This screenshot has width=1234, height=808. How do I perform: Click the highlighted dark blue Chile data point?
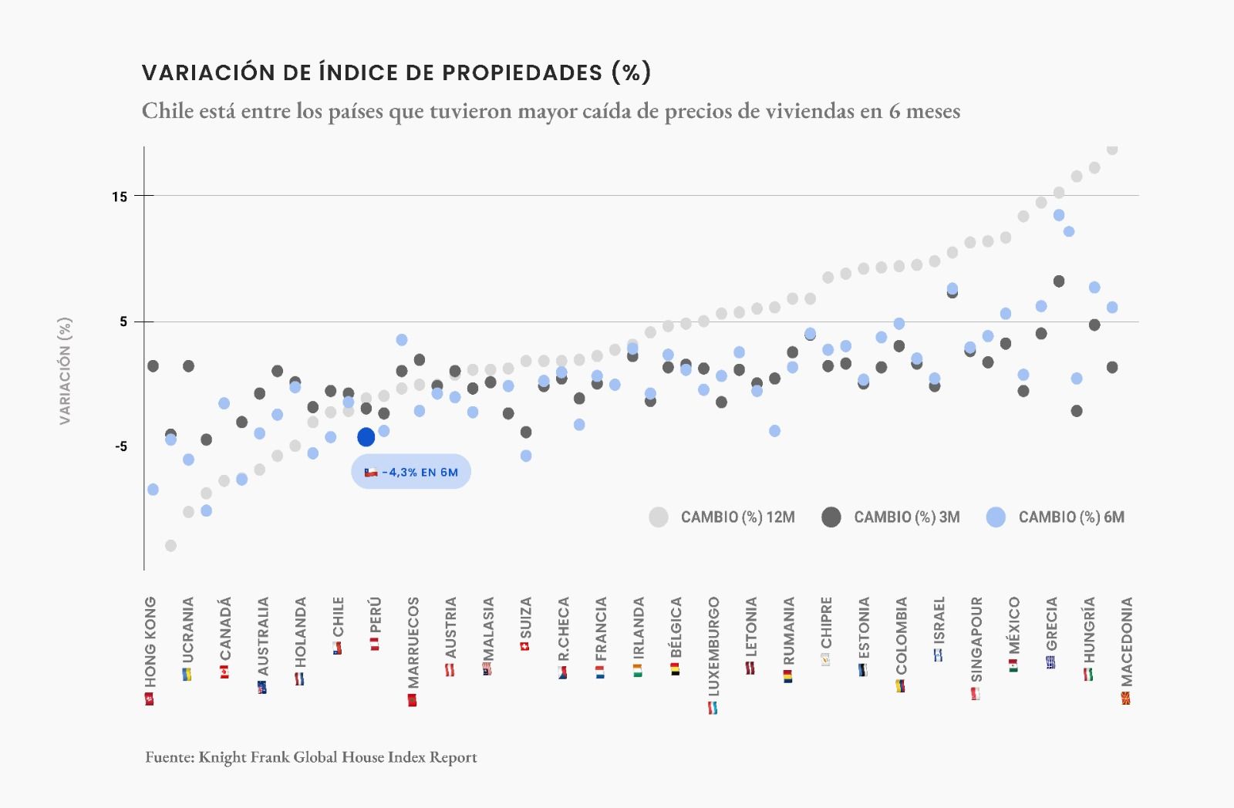point(366,437)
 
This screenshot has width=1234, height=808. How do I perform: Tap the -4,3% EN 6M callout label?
point(411,472)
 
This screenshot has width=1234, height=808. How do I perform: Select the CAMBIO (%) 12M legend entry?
point(723,517)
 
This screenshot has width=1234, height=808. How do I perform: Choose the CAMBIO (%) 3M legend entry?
point(892,517)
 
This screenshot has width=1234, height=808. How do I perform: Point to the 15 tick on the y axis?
point(120,197)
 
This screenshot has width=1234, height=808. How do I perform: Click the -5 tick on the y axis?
point(121,447)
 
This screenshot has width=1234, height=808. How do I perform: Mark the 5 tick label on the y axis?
point(123,322)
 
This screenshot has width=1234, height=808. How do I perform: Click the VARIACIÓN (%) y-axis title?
point(66,371)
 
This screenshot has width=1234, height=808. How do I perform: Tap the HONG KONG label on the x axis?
point(150,641)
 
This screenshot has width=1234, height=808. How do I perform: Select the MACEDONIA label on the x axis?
point(1127,641)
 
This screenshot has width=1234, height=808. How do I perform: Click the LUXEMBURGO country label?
point(713,646)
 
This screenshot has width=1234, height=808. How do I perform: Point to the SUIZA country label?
point(526,618)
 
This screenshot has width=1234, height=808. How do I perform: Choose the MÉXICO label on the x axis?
point(1014,625)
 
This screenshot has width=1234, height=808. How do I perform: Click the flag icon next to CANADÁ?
point(224,672)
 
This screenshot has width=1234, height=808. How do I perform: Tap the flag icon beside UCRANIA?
point(187,675)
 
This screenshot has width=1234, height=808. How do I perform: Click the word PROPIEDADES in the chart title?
point(521,72)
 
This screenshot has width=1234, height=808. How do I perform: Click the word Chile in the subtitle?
point(167,111)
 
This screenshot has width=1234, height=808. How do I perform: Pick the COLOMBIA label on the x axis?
point(901,636)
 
